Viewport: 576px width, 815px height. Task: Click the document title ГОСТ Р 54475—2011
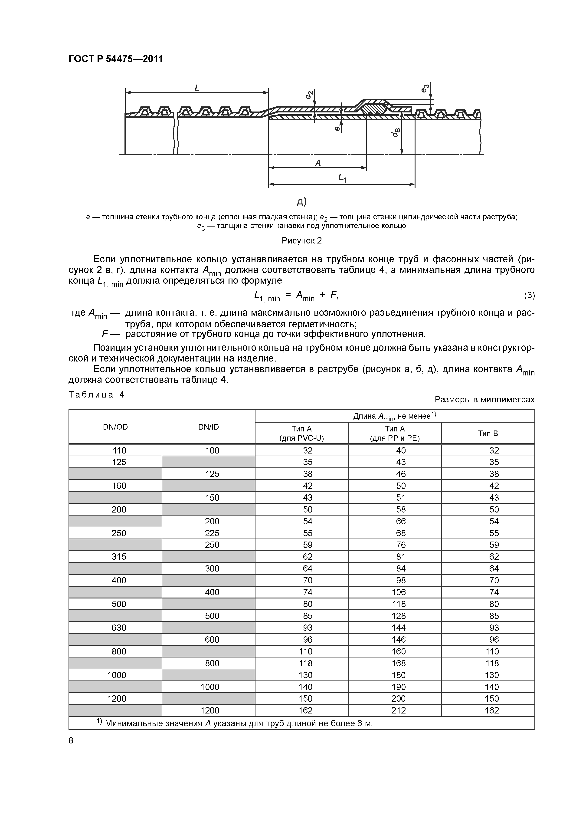click(115, 59)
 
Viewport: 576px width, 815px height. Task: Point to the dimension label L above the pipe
click(197, 87)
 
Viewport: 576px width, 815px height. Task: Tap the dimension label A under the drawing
click(318, 163)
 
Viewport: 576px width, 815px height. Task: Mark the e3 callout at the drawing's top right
click(425, 88)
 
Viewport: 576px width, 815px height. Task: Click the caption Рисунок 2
click(301, 241)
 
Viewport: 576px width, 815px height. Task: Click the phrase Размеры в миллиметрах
click(484, 400)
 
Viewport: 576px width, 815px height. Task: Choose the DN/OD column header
click(115, 427)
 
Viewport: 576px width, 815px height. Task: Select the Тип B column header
click(488, 434)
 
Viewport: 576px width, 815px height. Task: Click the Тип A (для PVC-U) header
click(301, 434)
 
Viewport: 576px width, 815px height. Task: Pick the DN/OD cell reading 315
click(119, 557)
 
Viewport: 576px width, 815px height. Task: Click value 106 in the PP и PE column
click(398, 592)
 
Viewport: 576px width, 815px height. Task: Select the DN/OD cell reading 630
click(119, 628)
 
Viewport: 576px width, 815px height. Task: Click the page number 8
click(71, 740)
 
